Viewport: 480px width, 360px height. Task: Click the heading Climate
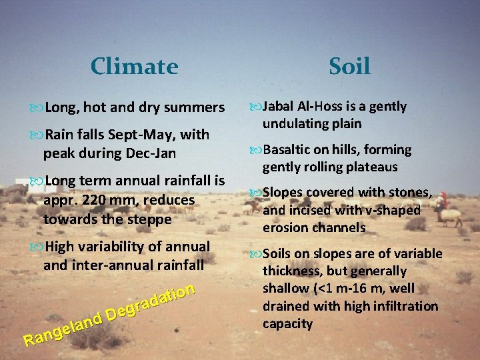click(134, 67)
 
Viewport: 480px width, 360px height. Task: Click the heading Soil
click(349, 66)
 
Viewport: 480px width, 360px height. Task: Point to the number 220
click(107, 199)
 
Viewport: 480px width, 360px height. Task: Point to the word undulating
click(293, 124)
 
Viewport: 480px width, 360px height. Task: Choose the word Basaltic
click(288, 149)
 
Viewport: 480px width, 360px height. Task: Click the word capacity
click(287, 323)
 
